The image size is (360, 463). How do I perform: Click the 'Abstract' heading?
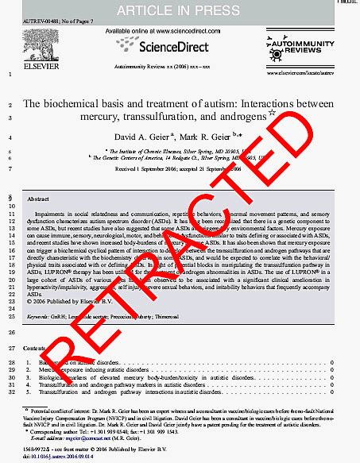[39, 199]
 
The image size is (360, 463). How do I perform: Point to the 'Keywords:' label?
[38, 316]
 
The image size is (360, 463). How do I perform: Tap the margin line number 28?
[10, 362]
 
